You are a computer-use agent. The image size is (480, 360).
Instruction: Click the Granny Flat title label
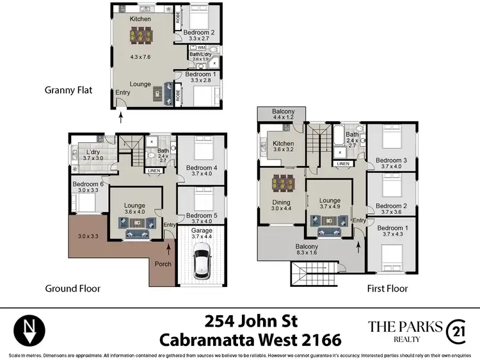coord(68,90)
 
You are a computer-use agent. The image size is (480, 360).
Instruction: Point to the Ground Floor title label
coord(72,288)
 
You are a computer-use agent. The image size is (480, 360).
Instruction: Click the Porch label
coord(163,264)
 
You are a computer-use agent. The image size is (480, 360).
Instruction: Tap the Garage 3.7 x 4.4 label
coord(201,233)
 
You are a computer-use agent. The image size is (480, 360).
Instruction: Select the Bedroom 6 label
coord(88,186)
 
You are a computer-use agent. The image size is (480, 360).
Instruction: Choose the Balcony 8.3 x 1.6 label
coord(307,250)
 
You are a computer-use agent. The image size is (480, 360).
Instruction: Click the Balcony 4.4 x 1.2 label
coord(282,113)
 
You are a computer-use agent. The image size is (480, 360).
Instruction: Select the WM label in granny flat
coord(202,48)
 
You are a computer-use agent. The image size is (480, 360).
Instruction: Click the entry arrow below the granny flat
coord(121,117)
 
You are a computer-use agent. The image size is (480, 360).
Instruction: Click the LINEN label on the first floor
coord(344,164)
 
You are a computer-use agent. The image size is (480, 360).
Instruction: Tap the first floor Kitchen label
coord(283,147)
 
